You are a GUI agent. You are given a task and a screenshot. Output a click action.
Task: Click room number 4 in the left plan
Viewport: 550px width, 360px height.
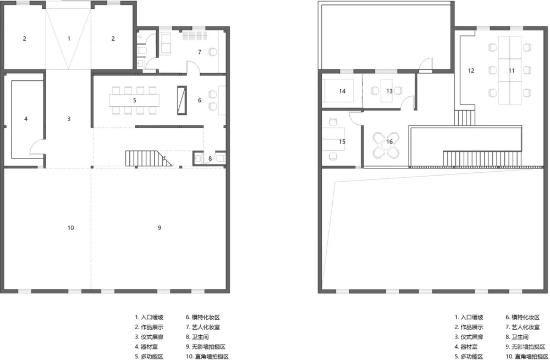click(26, 119)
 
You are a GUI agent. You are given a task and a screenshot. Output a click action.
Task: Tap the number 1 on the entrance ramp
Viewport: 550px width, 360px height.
click(69, 39)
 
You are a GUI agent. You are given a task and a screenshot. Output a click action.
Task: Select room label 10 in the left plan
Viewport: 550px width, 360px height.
click(70, 227)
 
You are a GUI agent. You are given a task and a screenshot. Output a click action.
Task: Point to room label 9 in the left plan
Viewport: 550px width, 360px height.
click(159, 227)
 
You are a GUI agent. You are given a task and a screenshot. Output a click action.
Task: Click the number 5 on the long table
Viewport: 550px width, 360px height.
click(134, 100)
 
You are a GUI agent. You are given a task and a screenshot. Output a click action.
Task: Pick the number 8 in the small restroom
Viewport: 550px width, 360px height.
click(210, 159)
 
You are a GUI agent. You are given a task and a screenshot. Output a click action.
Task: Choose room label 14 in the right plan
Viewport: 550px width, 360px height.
click(342, 91)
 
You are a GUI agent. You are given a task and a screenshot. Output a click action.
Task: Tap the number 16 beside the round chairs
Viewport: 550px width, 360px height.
click(389, 141)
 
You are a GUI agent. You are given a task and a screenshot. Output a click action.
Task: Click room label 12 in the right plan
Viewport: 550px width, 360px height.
click(471, 70)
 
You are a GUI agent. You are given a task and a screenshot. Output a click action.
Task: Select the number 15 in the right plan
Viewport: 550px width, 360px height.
click(342, 141)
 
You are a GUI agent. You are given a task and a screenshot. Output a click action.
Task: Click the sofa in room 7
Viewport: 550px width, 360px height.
click(165, 43)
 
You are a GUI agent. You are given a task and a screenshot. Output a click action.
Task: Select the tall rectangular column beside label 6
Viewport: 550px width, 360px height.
click(182, 100)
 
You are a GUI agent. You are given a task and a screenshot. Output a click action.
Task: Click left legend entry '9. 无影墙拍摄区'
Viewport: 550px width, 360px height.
click(206, 347)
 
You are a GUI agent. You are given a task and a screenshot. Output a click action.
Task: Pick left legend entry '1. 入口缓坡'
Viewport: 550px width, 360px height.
click(149, 317)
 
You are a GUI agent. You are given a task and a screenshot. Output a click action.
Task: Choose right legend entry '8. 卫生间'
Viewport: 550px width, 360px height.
click(517, 337)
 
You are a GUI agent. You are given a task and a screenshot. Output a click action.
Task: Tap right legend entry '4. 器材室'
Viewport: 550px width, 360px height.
click(466, 347)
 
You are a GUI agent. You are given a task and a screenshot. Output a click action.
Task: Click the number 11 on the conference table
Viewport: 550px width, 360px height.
click(512, 70)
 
